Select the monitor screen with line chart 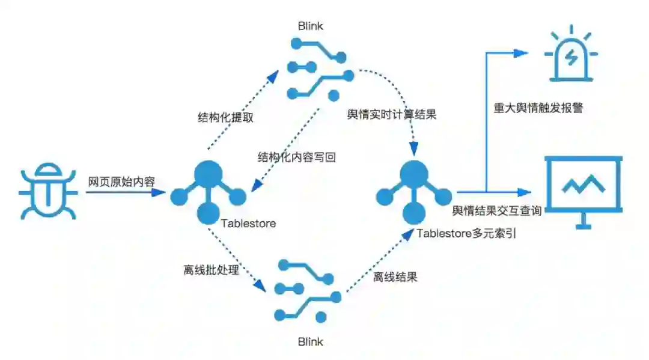point(582,190)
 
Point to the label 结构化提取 point(225,117)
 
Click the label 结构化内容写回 point(296,157)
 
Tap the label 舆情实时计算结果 point(392,115)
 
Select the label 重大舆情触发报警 point(538,109)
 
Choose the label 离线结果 point(395,277)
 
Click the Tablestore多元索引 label point(467,234)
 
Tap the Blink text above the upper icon point(310,26)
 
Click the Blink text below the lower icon point(310,342)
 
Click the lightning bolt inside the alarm point(571,57)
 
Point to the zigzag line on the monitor point(582,185)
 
